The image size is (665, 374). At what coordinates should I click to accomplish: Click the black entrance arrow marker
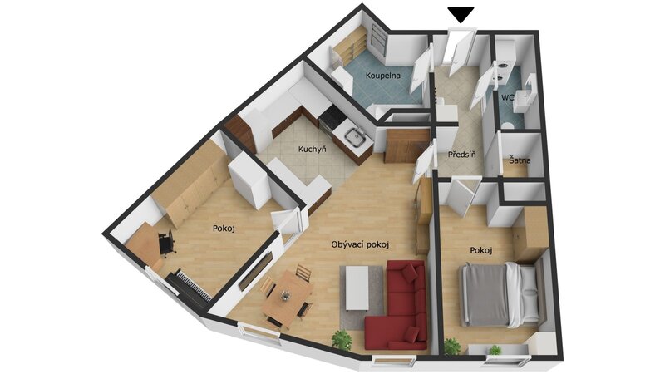461,15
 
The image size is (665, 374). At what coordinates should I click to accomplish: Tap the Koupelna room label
383,76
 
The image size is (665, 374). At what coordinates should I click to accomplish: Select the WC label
508,97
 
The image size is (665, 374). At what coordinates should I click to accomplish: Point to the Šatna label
520,160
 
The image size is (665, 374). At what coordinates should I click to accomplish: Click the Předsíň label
462,155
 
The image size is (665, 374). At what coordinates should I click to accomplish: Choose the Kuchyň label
313,150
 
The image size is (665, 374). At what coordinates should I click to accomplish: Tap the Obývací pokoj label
360,244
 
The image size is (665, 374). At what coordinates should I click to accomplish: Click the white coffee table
357,288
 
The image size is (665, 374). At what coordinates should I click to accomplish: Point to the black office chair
167,243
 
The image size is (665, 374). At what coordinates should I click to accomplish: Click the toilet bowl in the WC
506,125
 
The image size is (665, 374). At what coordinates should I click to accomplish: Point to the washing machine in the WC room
504,72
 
